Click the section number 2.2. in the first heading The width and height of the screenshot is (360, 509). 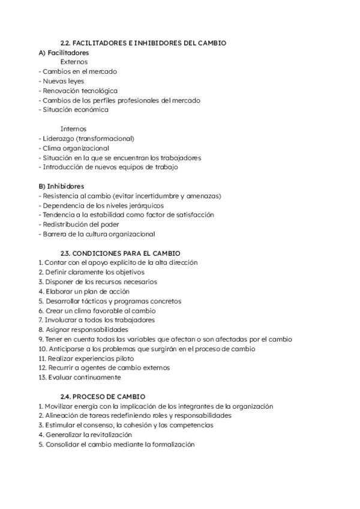click(67, 43)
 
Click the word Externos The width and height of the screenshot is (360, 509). click(74, 62)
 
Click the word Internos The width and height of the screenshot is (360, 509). click(73, 129)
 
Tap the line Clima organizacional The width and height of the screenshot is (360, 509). click(76, 148)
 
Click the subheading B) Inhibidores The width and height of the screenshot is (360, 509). click(61, 187)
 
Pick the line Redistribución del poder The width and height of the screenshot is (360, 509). click(79, 224)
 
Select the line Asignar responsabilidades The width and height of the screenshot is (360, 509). click(86, 330)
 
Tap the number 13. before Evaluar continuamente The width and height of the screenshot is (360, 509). click(41, 378)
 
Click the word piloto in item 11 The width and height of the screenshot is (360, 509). click(104, 358)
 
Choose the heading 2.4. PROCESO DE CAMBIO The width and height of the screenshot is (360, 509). click(103, 397)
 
